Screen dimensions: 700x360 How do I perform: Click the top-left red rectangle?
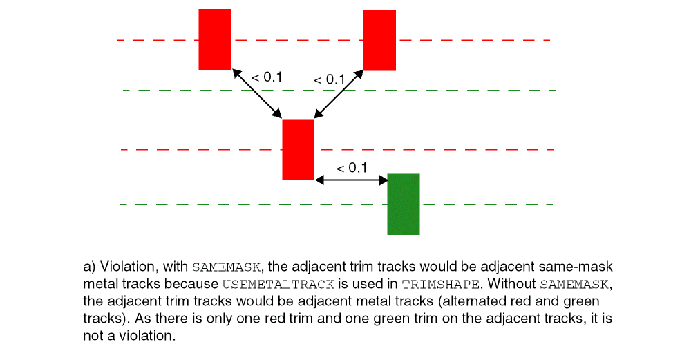[x=215, y=39]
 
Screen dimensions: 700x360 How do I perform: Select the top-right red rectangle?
[x=379, y=40]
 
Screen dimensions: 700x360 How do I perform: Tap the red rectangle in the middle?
[x=299, y=150]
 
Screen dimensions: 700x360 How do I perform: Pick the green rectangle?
[x=404, y=204]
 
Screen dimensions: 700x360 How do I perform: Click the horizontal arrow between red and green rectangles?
[x=351, y=180]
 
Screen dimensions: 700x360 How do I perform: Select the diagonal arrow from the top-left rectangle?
[x=257, y=93]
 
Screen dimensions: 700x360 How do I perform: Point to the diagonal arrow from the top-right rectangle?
[x=339, y=93]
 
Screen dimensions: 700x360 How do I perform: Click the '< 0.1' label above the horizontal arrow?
[x=351, y=169]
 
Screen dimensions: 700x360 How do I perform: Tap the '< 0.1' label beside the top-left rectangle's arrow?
[x=267, y=77]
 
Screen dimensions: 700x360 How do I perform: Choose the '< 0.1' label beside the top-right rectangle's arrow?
[x=330, y=79]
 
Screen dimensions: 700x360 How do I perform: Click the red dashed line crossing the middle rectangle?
[x=337, y=150]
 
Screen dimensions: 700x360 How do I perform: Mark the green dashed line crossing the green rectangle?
[x=337, y=205]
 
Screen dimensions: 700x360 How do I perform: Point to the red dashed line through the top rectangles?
[x=334, y=41]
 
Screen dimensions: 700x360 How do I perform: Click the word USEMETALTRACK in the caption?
[x=278, y=285]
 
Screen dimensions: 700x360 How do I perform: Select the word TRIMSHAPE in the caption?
[x=440, y=285]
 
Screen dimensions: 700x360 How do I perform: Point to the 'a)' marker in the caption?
[x=90, y=267]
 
